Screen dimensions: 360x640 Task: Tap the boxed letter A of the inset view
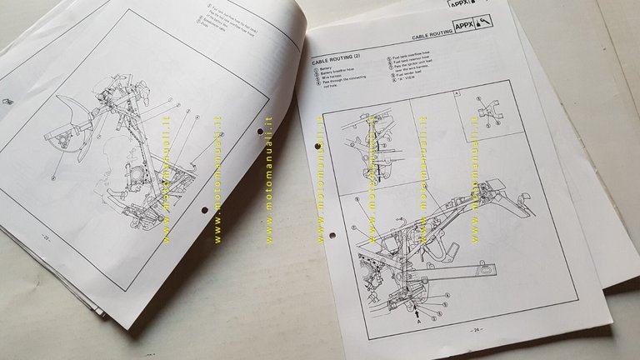click(457, 94)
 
